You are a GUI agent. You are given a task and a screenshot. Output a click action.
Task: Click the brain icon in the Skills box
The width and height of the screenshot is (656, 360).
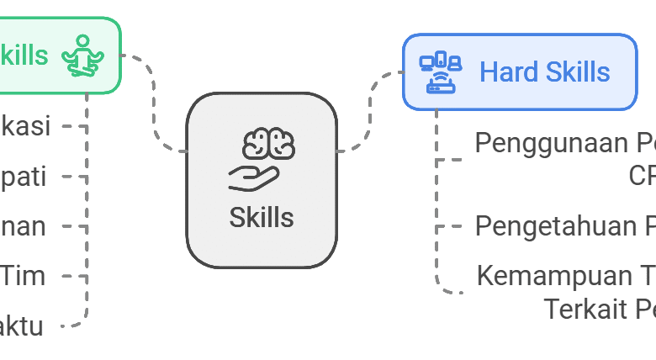pos(269,144)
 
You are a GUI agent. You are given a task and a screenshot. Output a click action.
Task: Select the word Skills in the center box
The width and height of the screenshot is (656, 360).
pos(262,218)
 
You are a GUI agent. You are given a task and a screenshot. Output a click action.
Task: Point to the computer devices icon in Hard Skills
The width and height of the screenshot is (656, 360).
pos(441,72)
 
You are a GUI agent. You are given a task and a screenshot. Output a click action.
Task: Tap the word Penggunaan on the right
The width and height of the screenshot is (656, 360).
pos(550,143)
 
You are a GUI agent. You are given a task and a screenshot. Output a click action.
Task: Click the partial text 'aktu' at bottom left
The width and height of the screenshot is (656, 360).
pos(22,326)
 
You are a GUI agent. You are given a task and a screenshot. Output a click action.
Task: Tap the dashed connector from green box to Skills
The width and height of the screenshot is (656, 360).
pos(154,105)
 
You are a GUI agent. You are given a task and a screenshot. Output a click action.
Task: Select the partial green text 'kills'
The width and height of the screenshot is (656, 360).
pos(24,56)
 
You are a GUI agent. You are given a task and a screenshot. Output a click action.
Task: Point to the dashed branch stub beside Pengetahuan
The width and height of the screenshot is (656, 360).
pos(450,226)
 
